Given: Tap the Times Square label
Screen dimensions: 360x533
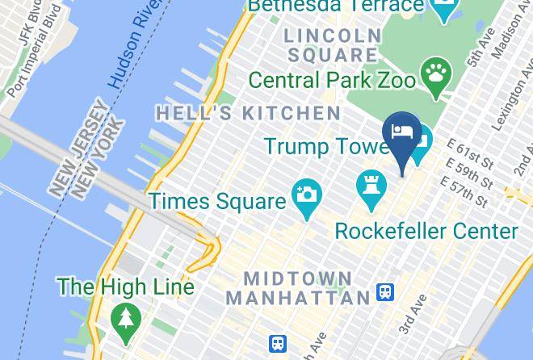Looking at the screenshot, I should pyautogui.click(x=217, y=200).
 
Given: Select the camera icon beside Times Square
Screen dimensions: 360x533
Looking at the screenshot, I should pyautogui.click(x=307, y=195).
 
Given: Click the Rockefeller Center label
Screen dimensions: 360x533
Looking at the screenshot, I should pyautogui.click(x=426, y=232).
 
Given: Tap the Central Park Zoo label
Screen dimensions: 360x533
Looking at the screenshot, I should pyautogui.click(x=332, y=80).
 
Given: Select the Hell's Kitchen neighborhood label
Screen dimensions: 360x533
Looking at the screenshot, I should pyautogui.click(x=248, y=113).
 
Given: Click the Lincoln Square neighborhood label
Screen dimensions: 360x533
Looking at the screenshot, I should pyautogui.click(x=332, y=45).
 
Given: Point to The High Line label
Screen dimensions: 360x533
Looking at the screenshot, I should pyautogui.click(x=125, y=287).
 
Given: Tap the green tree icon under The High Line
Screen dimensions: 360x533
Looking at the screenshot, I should pyautogui.click(x=125, y=316).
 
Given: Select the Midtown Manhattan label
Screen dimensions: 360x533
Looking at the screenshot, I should pyautogui.click(x=298, y=288).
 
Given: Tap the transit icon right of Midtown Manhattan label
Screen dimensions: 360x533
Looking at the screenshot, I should pyautogui.click(x=386, y=293).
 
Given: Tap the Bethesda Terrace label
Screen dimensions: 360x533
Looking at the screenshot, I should pyautogui.click(x=336, y=7).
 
